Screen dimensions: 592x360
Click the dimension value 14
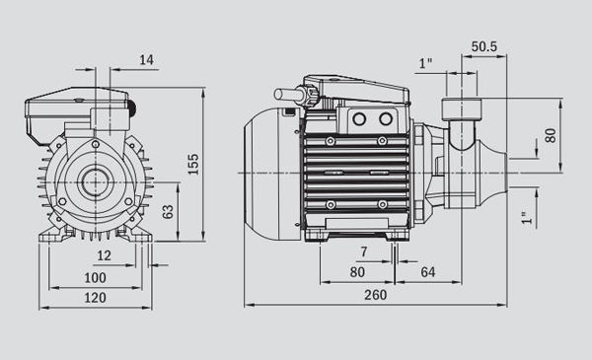(147, 59)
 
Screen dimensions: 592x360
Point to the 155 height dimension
(193, 164)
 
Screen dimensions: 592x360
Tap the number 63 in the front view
(168, 212)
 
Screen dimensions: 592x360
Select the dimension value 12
(105, 255)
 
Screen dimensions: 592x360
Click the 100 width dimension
(95, 278)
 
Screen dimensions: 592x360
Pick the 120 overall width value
(95, 298)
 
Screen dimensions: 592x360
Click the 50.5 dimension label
(484, 46)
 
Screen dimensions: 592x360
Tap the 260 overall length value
(375, 295)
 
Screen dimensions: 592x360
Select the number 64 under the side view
(428, 272)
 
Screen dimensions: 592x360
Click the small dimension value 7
(364, 252)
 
